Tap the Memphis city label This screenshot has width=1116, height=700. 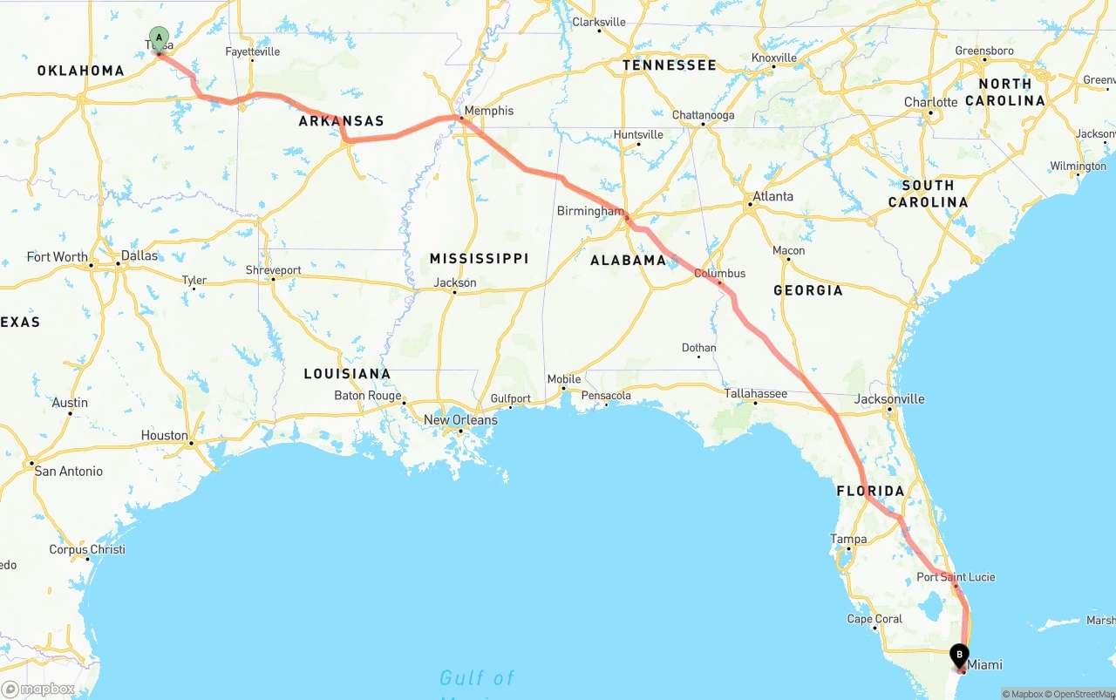(x=489, y=111)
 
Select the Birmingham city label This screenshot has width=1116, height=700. (x=590, y=211)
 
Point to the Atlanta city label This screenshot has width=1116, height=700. (x=773, y=196)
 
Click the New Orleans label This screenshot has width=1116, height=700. (x=460, y=420)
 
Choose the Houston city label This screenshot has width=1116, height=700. (x=164, y=436)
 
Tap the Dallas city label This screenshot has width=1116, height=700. (x=139, y=255)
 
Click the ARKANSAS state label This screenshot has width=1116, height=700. (x=341, y=121)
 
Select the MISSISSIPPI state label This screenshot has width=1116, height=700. (x=479, y=259)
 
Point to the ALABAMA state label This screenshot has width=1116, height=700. (x=628, y=261)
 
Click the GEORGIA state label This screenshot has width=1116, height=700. (x=808, y=290)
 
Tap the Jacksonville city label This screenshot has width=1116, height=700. (x=889, y=399)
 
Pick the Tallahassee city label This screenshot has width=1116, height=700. (x=756, y=393)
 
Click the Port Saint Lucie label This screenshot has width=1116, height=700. (x=956, y=577)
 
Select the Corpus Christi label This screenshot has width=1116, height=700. (x=87, y=549)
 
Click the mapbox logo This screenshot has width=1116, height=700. (x=39, y=689)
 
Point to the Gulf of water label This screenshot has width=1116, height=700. (x=476, y=677)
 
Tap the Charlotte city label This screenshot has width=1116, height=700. (x=930, y=102)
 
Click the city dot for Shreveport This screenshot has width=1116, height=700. (x=273, y=279)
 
